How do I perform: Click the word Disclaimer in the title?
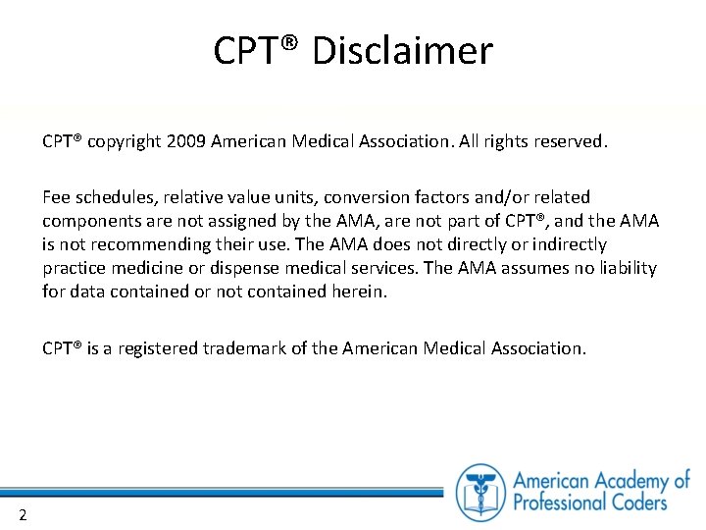[x=402, y=51]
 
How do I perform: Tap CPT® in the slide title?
[x=258, y=51]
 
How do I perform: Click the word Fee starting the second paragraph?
[x=57, y=197]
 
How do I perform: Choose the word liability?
[x=622, y=268]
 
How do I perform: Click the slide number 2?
[x=22, y=515]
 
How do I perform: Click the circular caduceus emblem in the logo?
[x=480, y=492]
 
